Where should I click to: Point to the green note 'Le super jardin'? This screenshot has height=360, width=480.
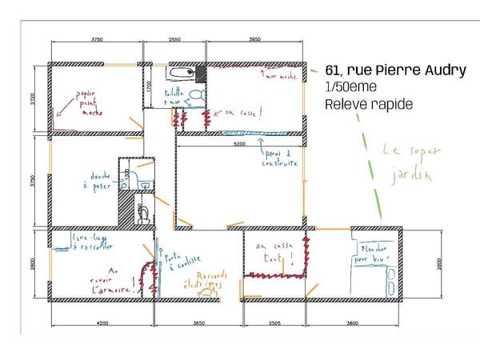click(x=406, y=161)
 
